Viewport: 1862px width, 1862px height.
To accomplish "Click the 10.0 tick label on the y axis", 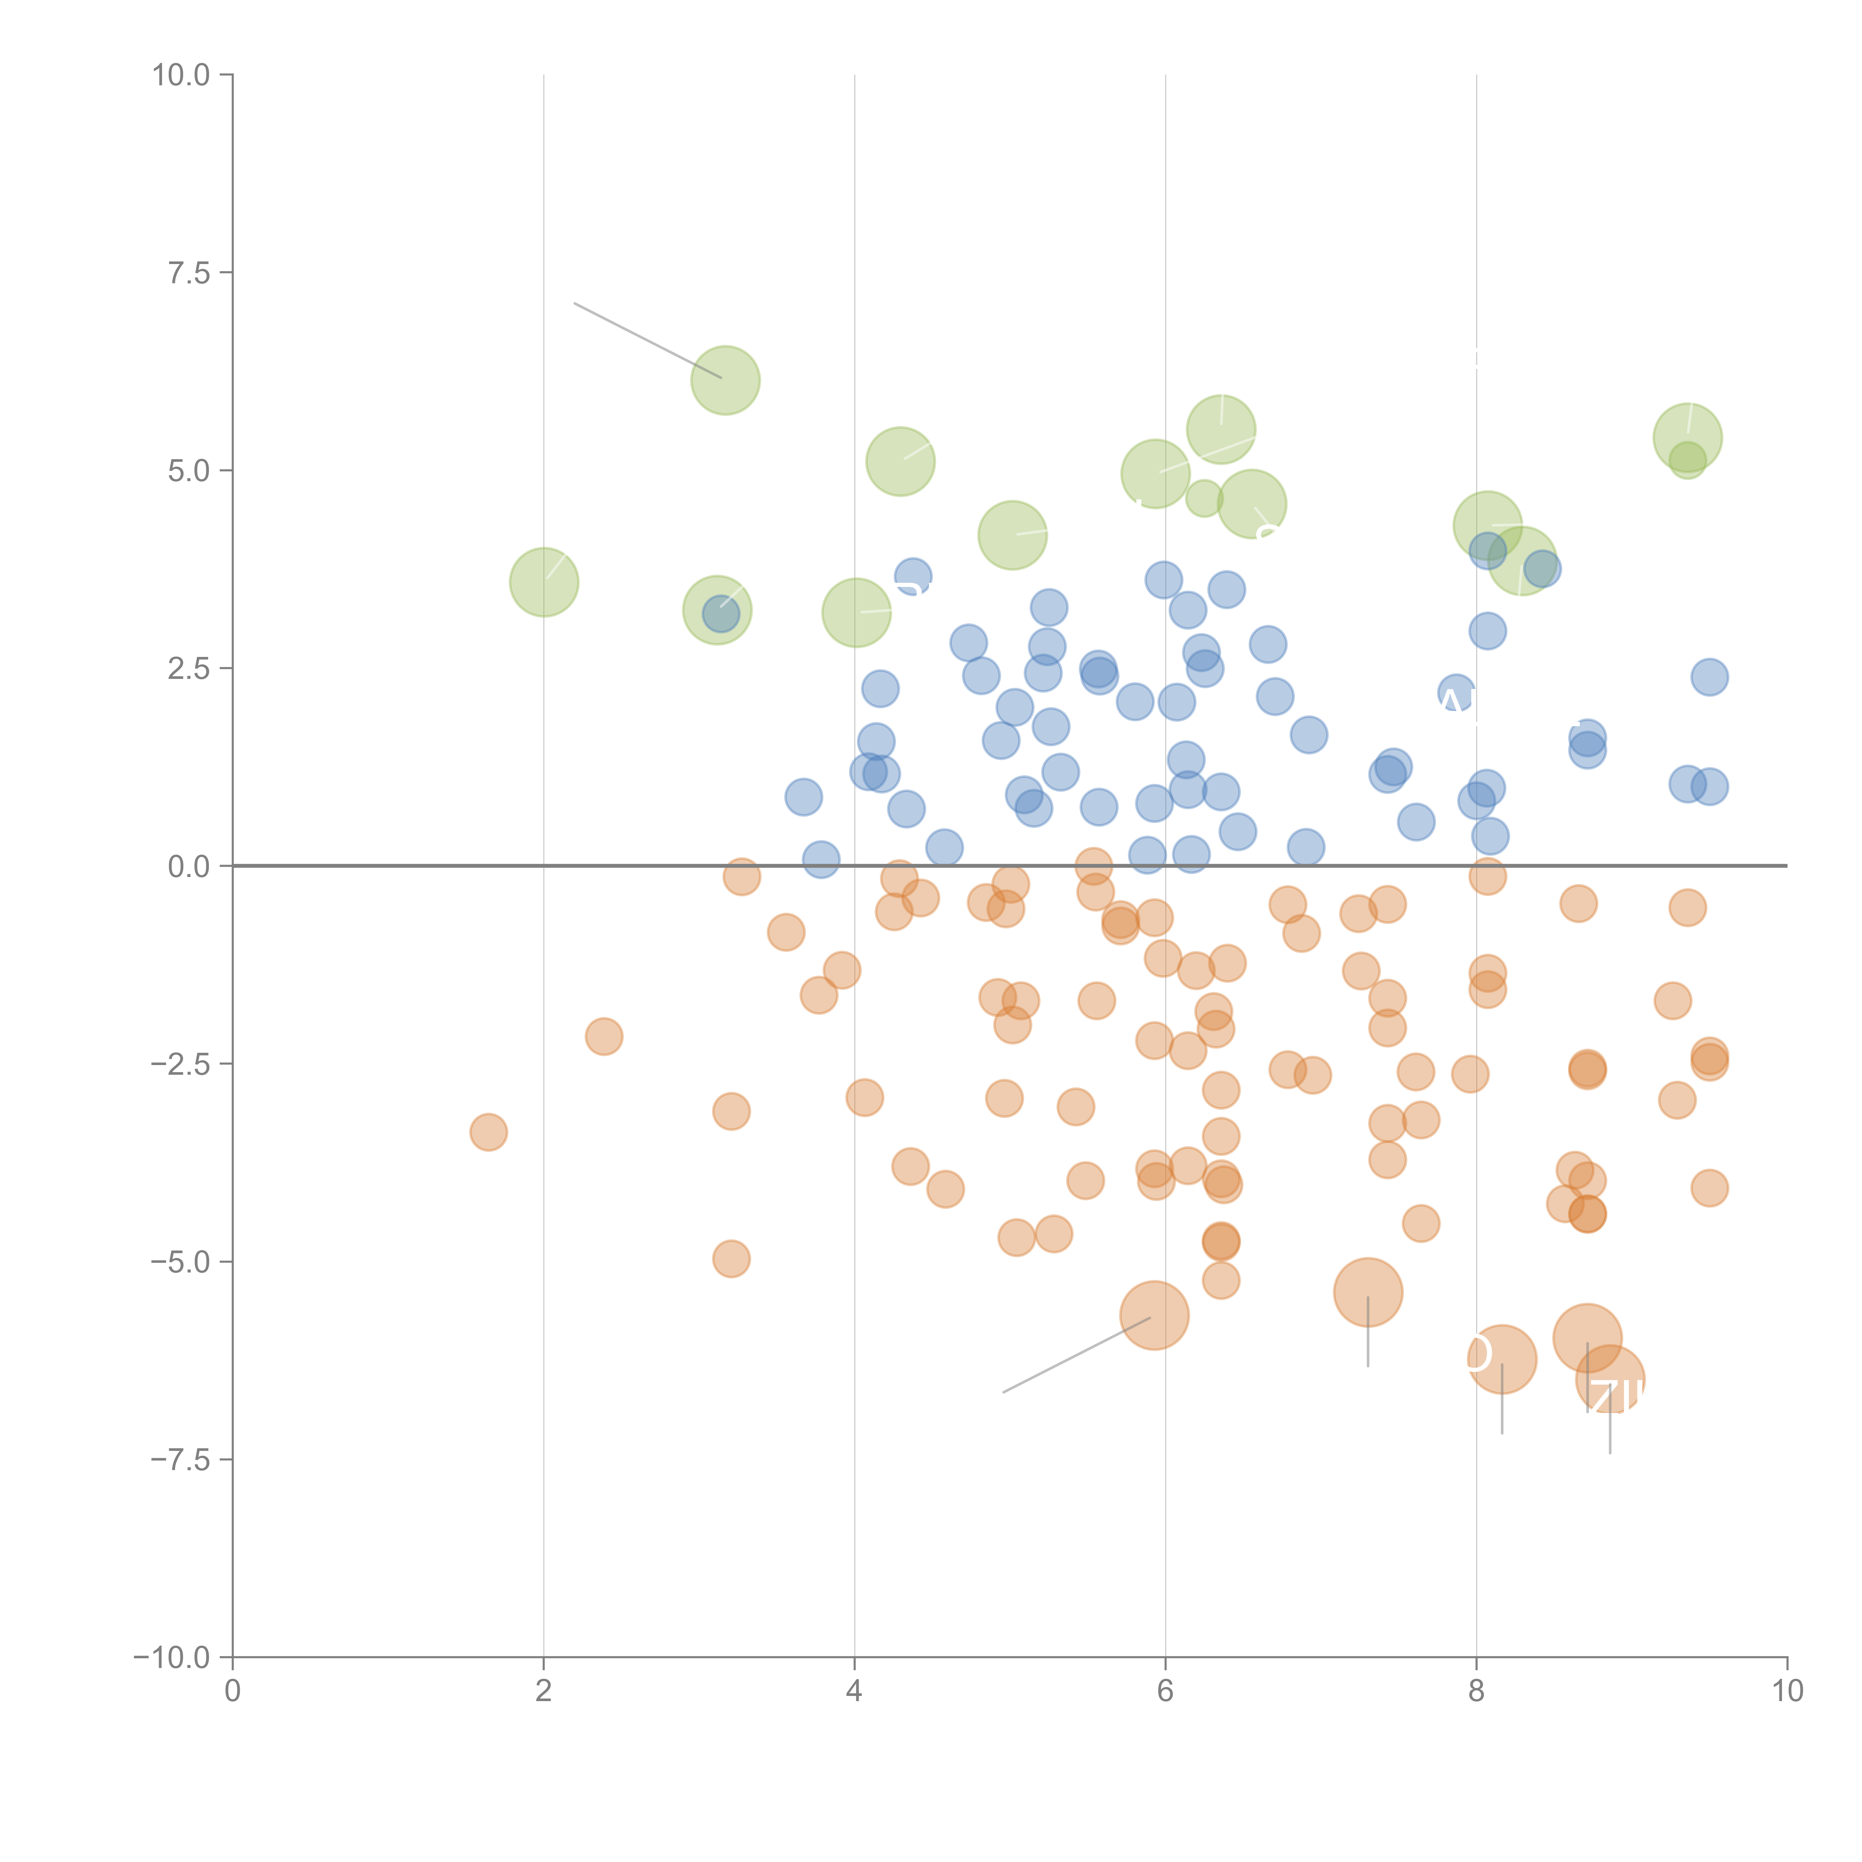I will (x=181, y=75).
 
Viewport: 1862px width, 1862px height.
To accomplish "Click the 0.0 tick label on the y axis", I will (x=189, y=867).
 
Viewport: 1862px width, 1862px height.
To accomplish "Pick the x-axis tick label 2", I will (x=544, y=1691).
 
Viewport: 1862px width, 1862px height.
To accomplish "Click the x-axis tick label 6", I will (x=1165, y=1691).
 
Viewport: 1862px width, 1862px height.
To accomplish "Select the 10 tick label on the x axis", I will (x=1787, y=1691).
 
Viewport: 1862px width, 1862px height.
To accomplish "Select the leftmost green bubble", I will (x=544, y=582).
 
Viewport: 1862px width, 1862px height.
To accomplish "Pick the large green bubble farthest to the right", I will (x=1688, y=438).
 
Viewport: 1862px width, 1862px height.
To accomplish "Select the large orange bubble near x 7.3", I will (x=1367, y=1292).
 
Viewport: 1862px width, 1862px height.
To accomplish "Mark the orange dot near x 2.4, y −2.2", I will (x=603, y=1036).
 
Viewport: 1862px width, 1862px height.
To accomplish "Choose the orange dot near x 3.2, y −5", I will (x=731, y=1259).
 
